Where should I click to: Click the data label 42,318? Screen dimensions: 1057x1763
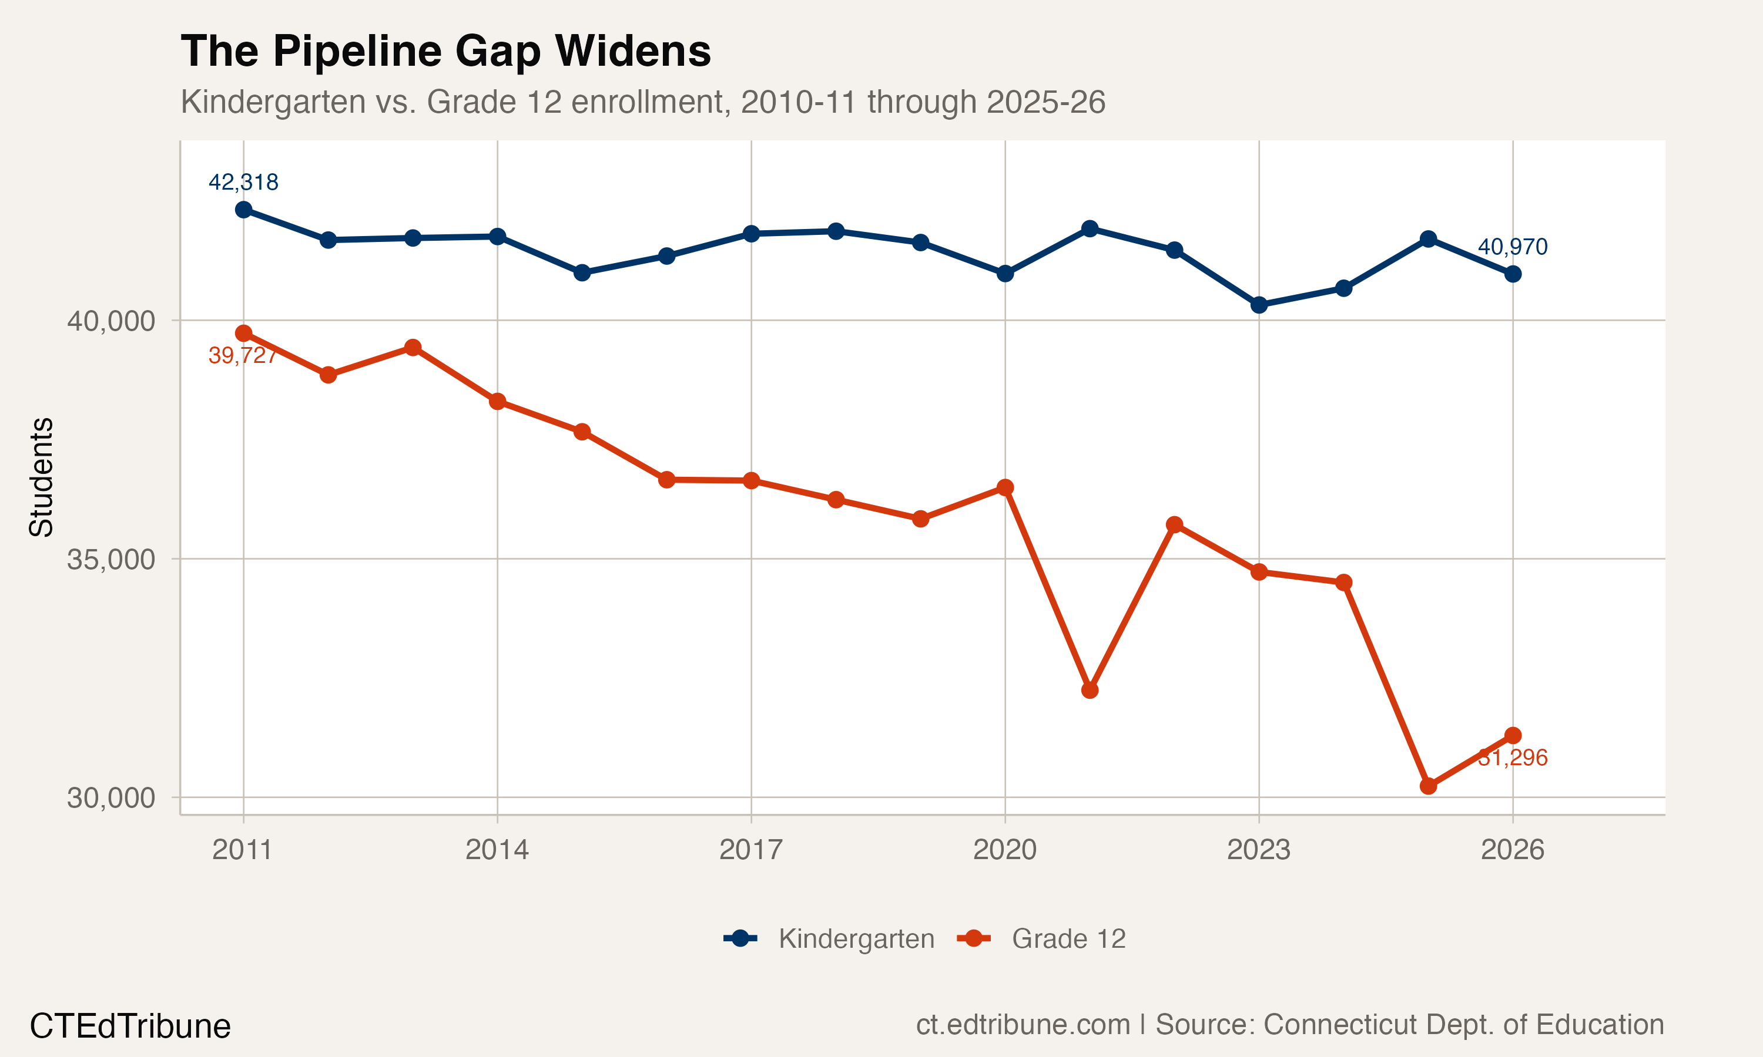[x=243, y=183]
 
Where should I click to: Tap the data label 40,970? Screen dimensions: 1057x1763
[x=1512, y=247]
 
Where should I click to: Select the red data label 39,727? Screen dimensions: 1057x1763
[x=242, y=355]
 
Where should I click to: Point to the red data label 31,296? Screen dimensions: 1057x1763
[x=1512, y=758]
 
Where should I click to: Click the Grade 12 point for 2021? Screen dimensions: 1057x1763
[x=1090, y=690]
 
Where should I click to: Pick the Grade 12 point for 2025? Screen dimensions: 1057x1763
[x=1428, y=786]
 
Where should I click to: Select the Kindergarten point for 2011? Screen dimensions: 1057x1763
[x=244, y=210]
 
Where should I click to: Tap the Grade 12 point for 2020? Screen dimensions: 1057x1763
[x=1005, y=488]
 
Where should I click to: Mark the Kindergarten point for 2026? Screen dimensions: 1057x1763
[x=1513, y=274]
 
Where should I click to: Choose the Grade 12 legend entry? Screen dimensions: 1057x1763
[x=1041, y=939]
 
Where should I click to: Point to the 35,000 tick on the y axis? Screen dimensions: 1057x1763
[x=110, y=560]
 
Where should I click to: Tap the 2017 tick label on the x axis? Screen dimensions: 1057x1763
[x=750, y=850]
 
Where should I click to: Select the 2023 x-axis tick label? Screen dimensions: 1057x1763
[x=1258, y=850]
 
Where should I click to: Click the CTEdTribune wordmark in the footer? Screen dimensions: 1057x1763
[x=130, y=1026]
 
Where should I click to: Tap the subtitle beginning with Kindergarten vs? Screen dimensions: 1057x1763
[x=643, y=102]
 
